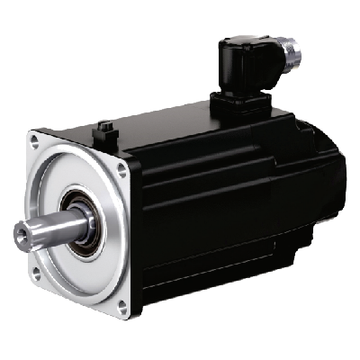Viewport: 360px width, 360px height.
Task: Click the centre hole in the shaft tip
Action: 18,236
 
